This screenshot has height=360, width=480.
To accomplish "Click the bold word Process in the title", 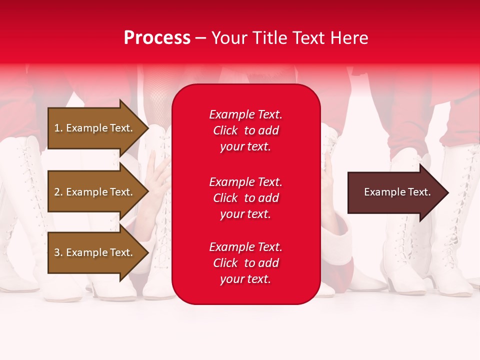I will coord(157,38).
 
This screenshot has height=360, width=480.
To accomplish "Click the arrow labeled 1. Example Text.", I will coord(95,128).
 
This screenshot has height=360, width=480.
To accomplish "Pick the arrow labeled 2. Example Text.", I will coord(95,192).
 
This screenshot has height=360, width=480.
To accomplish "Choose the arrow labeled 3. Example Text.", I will coord(95,252).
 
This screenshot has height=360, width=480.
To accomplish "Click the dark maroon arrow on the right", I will coord(395,192).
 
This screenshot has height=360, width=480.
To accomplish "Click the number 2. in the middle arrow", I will coord(58,192).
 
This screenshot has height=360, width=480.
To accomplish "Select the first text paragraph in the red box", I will coord(245,130).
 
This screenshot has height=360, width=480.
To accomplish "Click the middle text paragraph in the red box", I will coord(245,198).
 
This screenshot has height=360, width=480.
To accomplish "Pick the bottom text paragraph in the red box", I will coord(245,263).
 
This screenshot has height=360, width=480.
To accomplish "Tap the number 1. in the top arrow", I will coord(58,128).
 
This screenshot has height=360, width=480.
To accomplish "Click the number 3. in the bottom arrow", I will coord(58,252).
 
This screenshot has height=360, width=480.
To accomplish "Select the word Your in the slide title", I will coord(227,38).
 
